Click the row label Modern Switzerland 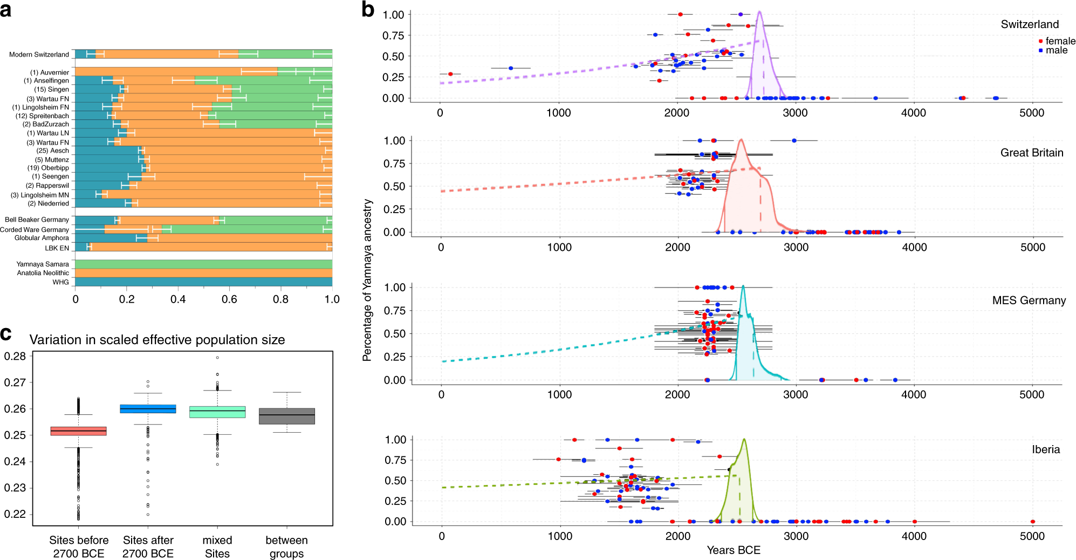pos(39,54)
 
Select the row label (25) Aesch pos(53,151)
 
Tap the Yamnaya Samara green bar pos(203,264)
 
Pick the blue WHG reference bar pos(203,282)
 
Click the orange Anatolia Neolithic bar pos(203,273)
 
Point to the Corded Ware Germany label pos(35,229)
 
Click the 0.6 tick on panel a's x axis pos(229,299)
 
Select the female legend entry pos(1057,41)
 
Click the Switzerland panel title pos(1030,24)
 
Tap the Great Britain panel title pos(1032,153)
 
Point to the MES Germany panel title pos(1029,301)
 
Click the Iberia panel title pos(1046,449)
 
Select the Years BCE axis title pos(734,550)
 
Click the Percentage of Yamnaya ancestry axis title pos(367,280)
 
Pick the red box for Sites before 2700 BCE pos(78,431)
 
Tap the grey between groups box pos(287,416)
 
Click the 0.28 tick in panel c pos(15,356)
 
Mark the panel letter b pos(368,9)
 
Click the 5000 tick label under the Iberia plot pos(1032,536)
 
